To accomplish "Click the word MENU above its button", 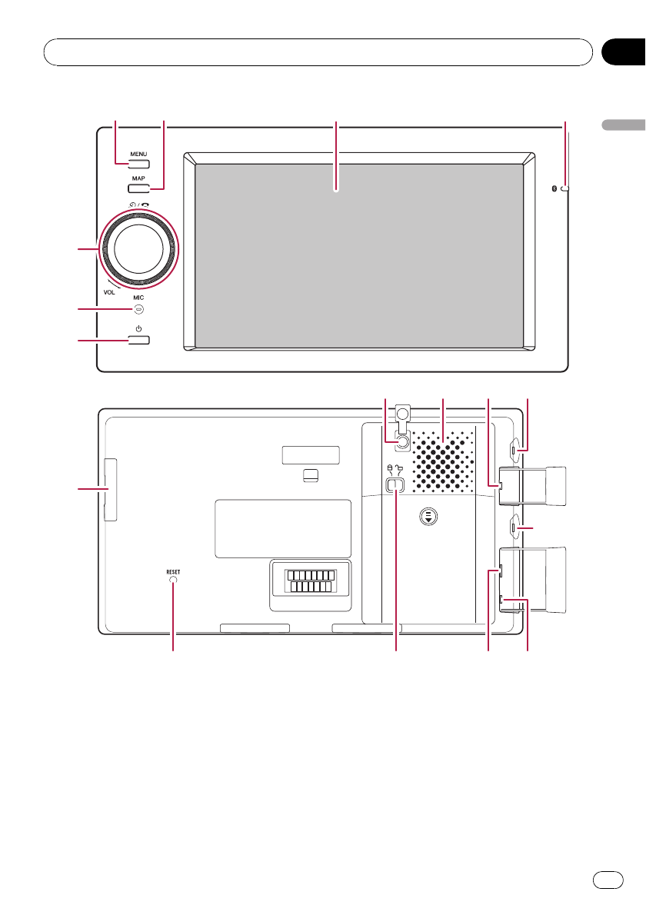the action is (138, 154).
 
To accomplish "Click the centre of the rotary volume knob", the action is (138, 248).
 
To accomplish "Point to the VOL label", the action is (109, 293).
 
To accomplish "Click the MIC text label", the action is (138, 298).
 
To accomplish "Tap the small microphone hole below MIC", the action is (138, 309).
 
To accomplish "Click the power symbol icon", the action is (138, 329).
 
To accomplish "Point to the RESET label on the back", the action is (173, 571).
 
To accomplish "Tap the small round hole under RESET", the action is (173, 581).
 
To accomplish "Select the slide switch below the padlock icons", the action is (395, 484).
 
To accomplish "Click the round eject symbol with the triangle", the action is (428, 517).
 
